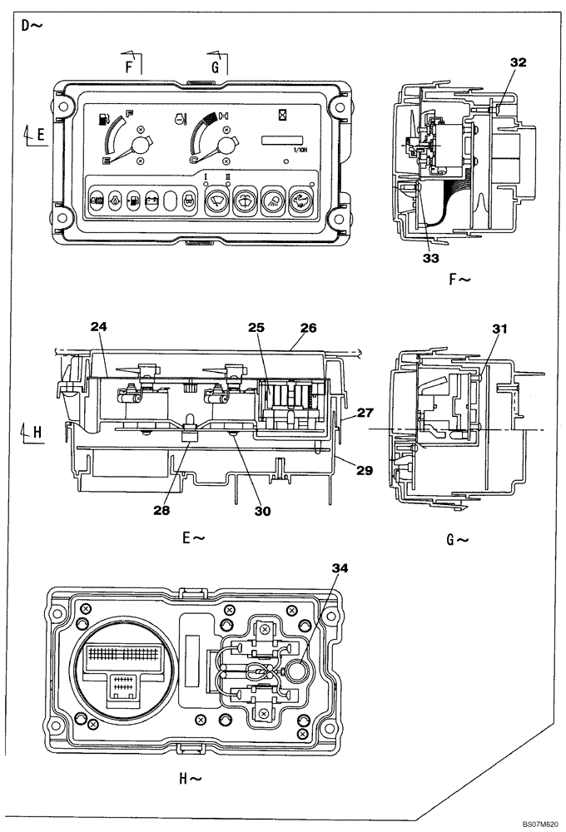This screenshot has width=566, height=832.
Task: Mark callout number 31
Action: (x=499, y=329)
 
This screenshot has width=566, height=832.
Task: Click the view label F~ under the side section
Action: (x=460, y=280)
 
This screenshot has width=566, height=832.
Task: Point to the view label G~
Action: (x=459, y=539)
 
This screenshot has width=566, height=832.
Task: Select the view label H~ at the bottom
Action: (x=191, y=779)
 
